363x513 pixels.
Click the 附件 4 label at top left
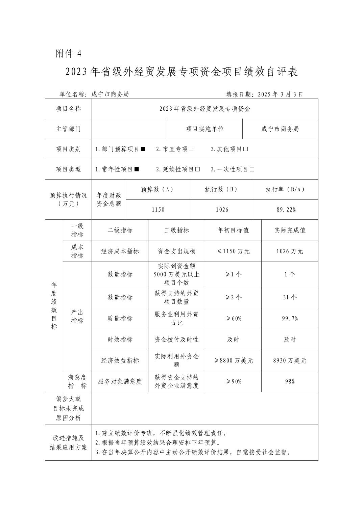[69, 53]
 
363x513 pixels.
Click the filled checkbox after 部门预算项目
[143, 149]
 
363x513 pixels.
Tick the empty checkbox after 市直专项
[191, 149]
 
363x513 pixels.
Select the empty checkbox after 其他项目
[246, 149]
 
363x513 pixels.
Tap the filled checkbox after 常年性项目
[137, 169]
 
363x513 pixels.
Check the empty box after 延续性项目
[198, 169]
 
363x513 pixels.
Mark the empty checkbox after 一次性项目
[252, 169]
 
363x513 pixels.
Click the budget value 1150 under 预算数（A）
[158, 210]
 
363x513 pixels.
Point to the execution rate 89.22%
[286, 210]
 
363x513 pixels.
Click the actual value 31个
[290, 297]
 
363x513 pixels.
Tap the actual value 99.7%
[290, 318]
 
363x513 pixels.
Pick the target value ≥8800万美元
[233, 360]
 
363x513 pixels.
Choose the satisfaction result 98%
[290, 381]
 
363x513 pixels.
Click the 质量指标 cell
[120, 318]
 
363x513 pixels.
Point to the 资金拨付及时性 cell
[176, 340]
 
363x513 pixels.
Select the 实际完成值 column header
[290, 230]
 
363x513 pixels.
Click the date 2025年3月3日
[280, 94]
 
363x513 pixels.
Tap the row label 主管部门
[68, 129]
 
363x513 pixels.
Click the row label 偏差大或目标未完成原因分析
[68, 408]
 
